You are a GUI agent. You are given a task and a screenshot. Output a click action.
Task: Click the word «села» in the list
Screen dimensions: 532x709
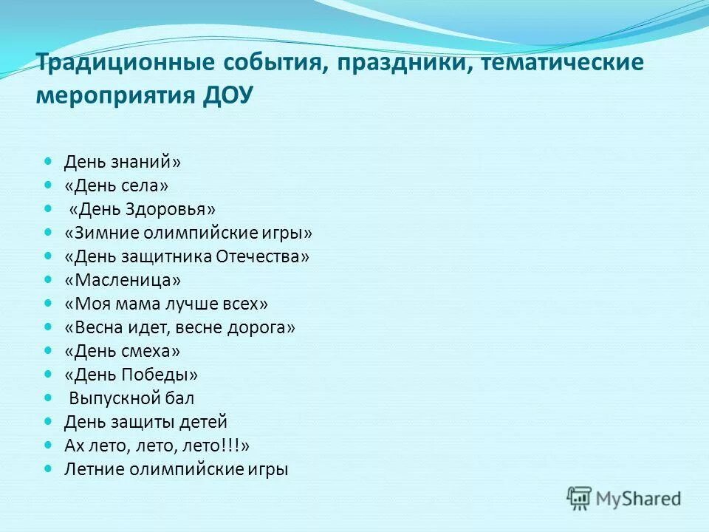point(145,185)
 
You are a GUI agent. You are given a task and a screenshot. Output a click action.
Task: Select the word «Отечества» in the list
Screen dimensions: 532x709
point(262,256)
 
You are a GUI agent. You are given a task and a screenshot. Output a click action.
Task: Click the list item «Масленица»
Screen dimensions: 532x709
point(122,280)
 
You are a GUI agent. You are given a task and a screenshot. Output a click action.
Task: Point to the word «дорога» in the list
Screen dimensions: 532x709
point(264,327)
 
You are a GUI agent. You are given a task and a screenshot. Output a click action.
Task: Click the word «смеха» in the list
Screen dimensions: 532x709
point(151,351)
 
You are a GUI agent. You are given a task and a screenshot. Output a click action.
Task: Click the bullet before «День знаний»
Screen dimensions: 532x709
point(49,161)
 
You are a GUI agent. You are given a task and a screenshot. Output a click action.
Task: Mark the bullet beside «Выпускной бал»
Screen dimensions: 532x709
point(49,398)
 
